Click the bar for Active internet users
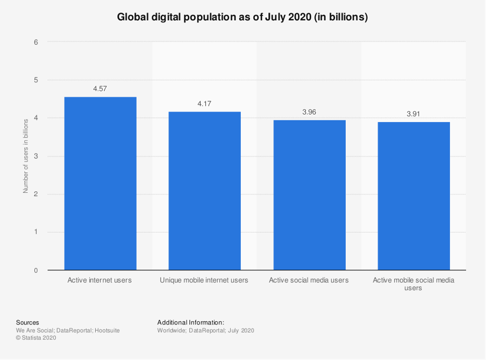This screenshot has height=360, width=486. coord(100,183)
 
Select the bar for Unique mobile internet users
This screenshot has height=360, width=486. coord(204,191)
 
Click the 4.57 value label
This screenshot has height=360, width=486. coord(100,89)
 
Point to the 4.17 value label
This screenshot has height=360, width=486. coord(204,103)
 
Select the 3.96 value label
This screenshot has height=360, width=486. coord(309,112)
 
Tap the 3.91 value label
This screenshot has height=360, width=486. coord(413,114)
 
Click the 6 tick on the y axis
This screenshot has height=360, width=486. coord(36,42)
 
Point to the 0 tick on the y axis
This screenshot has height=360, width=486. coord(36,270)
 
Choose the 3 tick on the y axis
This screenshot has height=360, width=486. coord(36,156)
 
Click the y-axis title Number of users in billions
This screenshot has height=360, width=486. coord(25,156)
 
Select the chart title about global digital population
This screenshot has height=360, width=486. coord(242,17)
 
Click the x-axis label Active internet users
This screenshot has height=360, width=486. coord(99,280)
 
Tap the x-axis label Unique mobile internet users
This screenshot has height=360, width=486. coord(204,280)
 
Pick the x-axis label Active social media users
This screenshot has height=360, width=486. coord(309,280)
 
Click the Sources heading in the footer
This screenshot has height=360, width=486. coord(27,322)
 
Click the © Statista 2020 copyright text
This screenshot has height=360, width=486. coord(36,338)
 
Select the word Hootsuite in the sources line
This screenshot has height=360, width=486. coord(107,330)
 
